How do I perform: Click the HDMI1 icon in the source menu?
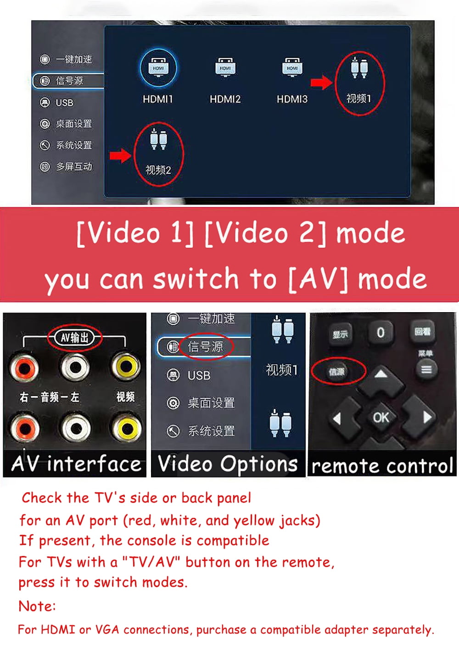tap(158, 68)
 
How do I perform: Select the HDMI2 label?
tap(225, 99)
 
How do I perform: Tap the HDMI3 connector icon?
tap(292, 67)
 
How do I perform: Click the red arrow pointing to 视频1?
tap(321, 82)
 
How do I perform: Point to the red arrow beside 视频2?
tap(121, 155)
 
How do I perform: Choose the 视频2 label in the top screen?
tap(158, 170)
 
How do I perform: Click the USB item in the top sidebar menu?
tap(64, 103)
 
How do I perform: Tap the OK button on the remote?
tap(381, 418)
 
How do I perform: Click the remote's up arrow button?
tap(381, 375)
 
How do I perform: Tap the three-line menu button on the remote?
tap(426, 369)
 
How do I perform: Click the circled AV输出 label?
tap(74, 337)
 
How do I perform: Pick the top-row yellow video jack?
tap(125, 366)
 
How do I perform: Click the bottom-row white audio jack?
tap(76, 428)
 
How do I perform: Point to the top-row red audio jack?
tap(24, 368)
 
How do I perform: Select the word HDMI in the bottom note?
tap(58, 629)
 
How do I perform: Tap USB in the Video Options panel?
tap(199, 375)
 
